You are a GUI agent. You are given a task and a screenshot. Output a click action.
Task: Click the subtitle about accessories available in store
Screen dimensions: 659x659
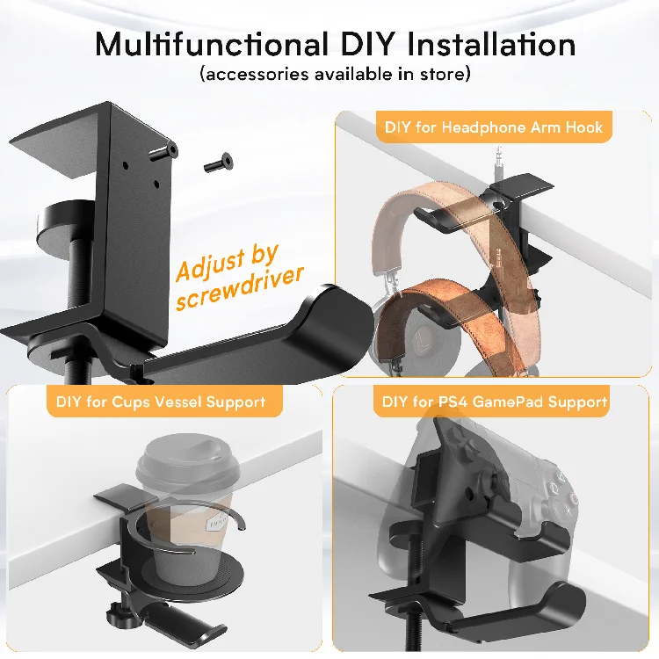pos(336,74)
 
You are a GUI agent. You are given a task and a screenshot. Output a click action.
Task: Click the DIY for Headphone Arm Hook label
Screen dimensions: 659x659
pos(494,127)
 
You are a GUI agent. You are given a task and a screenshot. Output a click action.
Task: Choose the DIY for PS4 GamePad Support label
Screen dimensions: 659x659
pos(496,402)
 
